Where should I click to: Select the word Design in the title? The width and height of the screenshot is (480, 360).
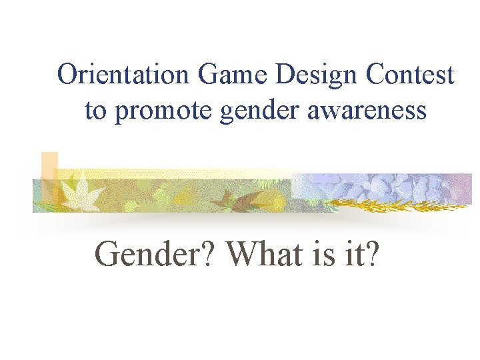(313, 75)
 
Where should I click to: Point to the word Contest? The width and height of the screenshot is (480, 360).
(409, 75)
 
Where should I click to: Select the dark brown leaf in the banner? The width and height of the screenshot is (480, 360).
(230, 196)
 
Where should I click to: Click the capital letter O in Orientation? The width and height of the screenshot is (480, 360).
(67, 75)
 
